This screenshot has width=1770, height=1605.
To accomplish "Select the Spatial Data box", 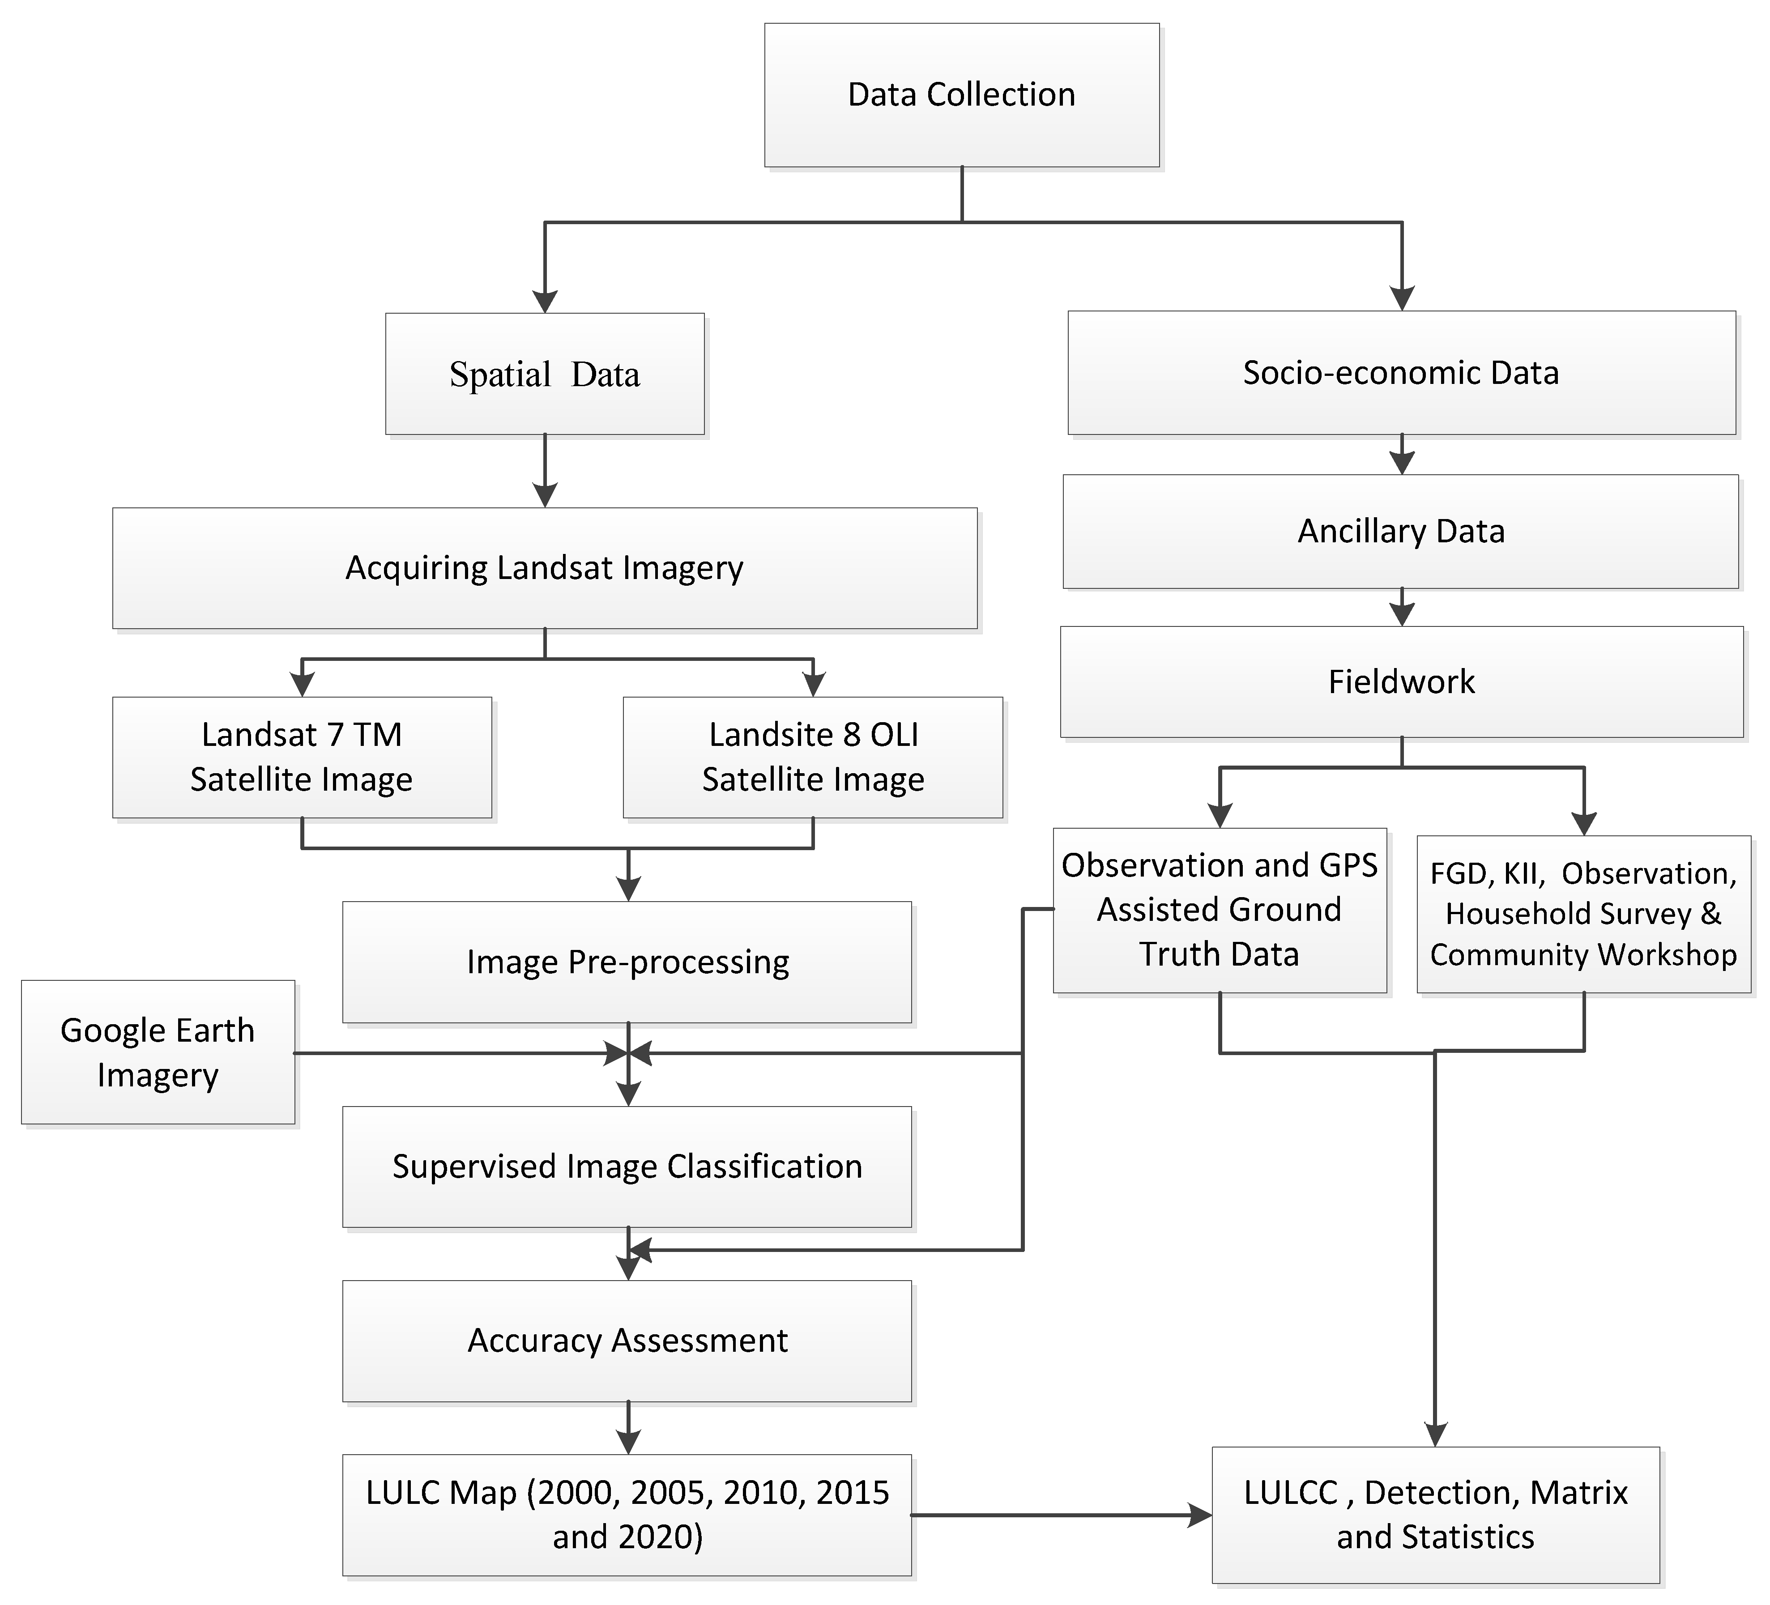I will click(x=544, y=374).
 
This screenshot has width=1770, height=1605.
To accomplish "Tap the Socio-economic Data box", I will click(x=1401, y=372).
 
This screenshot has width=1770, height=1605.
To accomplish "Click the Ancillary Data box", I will click(x=1401, y=531).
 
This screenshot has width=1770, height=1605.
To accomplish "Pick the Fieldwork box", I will click(x=1401, y=681).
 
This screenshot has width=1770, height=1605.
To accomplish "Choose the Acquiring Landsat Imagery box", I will click(x=544, y=568).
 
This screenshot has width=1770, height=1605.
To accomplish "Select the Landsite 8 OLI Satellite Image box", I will click(x=813, y=757).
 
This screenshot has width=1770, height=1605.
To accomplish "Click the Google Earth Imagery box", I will click(x=158, y=1052).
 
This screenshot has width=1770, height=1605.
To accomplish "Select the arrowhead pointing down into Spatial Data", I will click(x=545, y=301).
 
